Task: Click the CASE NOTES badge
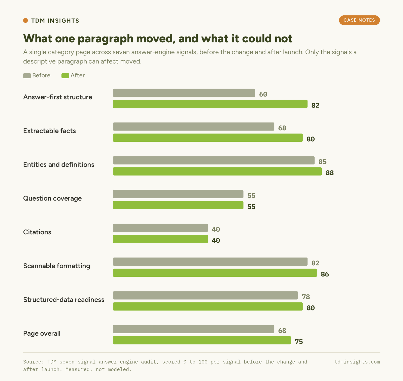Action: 359,20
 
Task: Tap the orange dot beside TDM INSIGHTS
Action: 25,20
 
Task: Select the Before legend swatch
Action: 27,75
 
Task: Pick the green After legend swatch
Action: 65,75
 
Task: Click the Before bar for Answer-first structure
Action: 184,93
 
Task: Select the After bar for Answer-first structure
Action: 210,104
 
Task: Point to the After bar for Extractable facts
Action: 208,138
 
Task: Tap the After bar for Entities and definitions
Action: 217,171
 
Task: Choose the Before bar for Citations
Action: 160,228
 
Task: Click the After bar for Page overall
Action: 202,340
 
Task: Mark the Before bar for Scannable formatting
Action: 210,262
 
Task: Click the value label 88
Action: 330,173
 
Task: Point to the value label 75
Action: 299,342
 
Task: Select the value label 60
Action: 263,94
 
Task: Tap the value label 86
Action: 325,274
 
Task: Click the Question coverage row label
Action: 52,198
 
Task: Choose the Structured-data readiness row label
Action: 64,300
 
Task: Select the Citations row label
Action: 37,232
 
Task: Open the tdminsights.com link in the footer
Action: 357,362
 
